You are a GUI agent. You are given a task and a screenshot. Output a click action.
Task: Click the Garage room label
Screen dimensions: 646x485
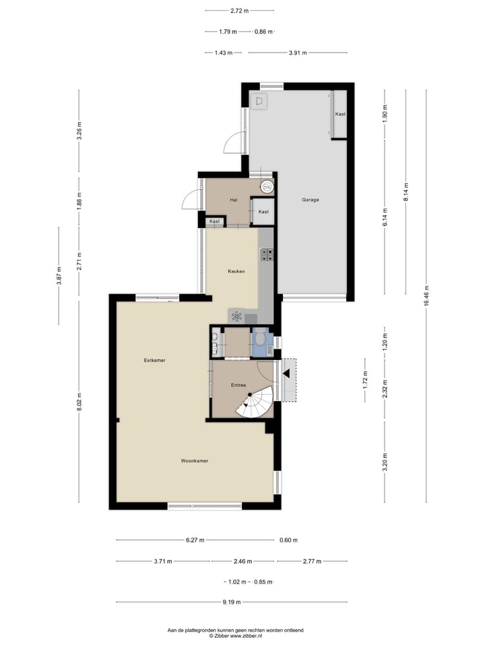coord(311,200)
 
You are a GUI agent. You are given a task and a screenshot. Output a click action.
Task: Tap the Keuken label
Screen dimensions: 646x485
coord(236,271)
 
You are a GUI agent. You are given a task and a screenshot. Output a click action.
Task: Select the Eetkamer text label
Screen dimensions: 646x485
coord(155,361)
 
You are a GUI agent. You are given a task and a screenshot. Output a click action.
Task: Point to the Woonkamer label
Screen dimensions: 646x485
coord(194,461)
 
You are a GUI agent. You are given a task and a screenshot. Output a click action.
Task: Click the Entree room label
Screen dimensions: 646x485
coord(238,386)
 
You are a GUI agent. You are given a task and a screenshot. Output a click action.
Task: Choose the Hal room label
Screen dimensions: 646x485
coord(233,200)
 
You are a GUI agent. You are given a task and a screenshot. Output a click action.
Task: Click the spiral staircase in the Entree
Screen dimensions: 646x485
coord(256,404)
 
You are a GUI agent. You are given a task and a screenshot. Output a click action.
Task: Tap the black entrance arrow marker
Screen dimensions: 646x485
coord(287,373)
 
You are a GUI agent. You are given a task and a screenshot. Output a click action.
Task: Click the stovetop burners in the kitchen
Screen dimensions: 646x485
coord(266,254)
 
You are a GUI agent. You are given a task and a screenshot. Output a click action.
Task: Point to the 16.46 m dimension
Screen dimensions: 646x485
coord(426,297)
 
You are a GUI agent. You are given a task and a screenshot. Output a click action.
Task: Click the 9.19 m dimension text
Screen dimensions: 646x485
coord(233,602)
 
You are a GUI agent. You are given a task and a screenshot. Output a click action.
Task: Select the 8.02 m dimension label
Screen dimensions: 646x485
coord(79,401)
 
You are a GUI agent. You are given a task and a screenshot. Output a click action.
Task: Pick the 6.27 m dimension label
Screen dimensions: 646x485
coord(196,540)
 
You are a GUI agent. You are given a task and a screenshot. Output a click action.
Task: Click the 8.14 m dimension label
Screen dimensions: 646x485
coord(406,193)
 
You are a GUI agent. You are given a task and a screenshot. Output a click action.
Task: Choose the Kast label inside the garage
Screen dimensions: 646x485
coord(340,114)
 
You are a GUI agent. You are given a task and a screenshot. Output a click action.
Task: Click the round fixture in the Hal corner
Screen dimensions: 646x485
coord(268,186)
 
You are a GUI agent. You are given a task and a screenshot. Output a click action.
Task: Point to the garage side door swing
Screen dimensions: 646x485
coord(233,143)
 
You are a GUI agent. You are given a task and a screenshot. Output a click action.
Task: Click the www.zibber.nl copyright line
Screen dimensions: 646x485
coord(235,635)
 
